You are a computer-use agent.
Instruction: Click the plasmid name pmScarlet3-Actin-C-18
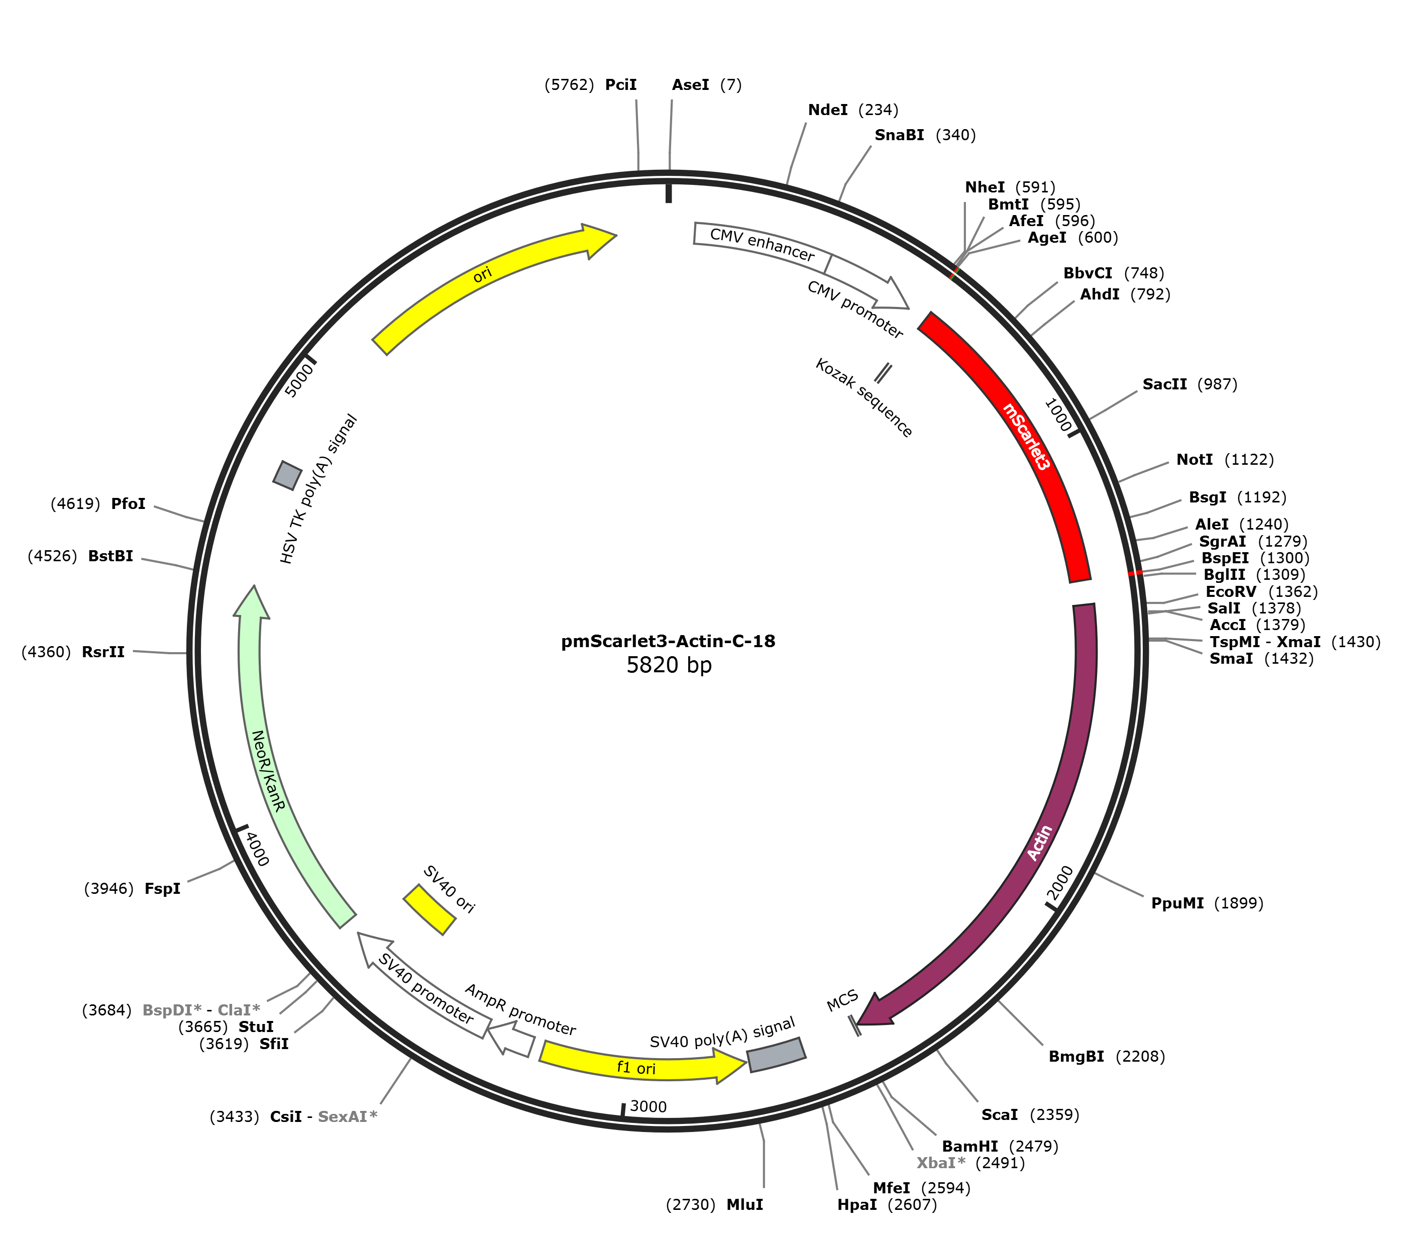(x=668, y=641)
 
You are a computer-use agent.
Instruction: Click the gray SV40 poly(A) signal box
(x=776, y=1055)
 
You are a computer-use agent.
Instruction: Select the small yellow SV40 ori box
(x=429, y=909)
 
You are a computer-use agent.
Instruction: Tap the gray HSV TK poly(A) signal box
(x=287, y=475)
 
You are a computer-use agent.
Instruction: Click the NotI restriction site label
(x=1195, y=460)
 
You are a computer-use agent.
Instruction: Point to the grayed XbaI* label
(x=940, y=1163)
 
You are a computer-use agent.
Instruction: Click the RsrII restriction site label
(x=103, y=652)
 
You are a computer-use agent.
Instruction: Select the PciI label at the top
(x=621, y=84)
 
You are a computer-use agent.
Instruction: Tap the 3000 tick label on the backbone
(x=649, y=1106)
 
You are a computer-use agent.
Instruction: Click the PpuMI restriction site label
(x=1177, y=902)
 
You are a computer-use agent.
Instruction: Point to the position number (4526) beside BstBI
(x=52, y=556)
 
